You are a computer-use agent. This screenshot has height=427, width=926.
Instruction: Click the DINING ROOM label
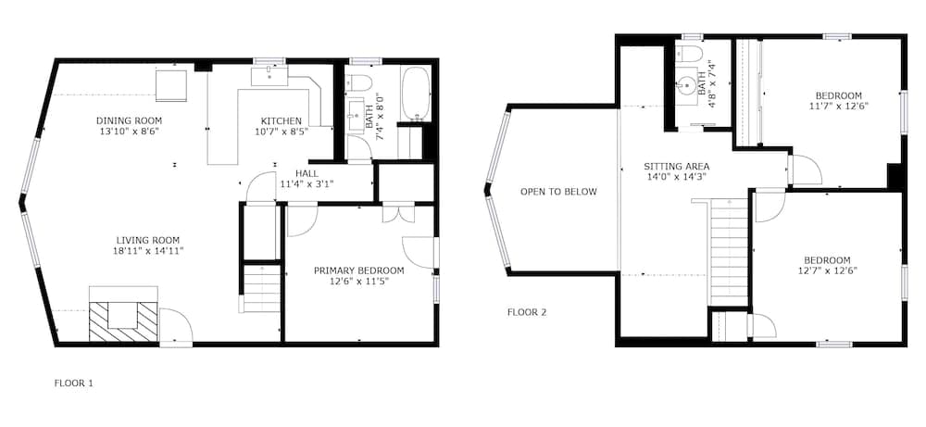tap(129, 121)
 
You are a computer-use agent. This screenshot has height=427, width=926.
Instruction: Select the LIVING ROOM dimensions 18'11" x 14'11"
tap(147, 251)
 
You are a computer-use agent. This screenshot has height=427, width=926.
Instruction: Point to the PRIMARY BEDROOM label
tap(359, 270)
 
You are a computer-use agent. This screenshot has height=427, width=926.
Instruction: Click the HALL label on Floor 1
tap(307, 173)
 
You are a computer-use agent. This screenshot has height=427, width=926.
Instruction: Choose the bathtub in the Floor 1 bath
tap(417, 94)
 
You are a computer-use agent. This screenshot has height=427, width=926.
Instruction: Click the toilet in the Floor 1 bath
tap(357, 82)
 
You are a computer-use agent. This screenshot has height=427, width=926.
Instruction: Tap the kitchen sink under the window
tap(269, 76)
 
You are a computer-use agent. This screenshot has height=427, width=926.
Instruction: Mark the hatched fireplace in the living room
tap(123, 321)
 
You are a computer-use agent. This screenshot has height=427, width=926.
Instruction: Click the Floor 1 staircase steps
tap(262, 289)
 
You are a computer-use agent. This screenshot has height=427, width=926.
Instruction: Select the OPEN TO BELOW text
tap(558, 192)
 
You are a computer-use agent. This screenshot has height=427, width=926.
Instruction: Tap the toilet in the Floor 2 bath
tap(688, 54)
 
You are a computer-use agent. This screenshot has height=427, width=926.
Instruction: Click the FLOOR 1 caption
tap(74, 383)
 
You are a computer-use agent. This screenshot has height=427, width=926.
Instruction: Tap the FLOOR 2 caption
tap(527, 312)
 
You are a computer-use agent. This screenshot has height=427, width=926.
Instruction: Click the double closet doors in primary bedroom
tap(398, 213)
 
